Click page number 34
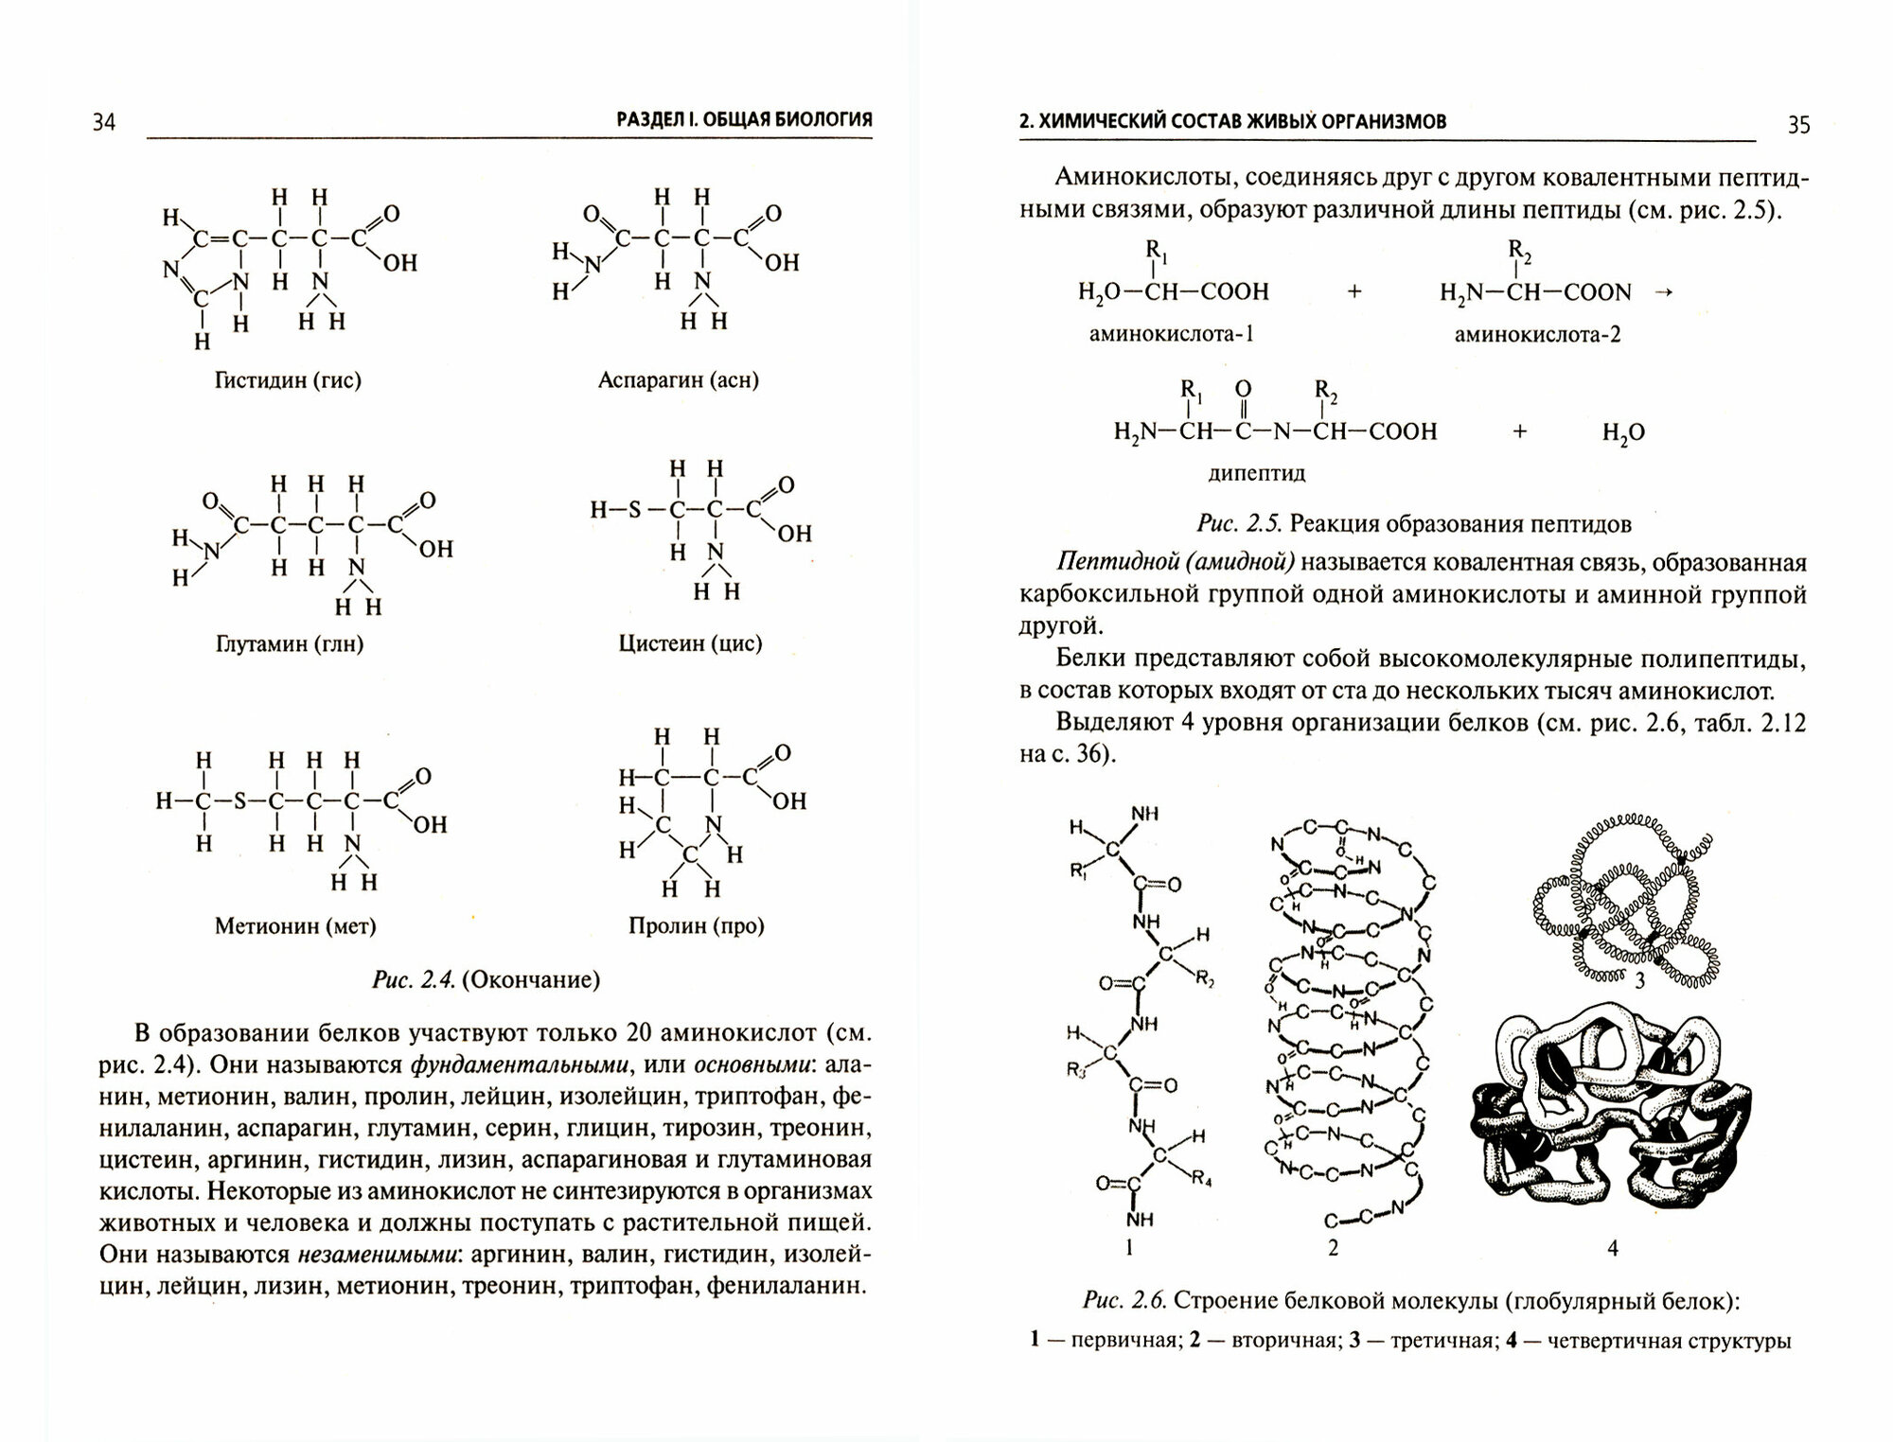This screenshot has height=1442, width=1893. click(104, 122)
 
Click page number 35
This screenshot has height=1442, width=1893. click(1797, 124)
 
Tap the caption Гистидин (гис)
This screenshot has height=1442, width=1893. click(288, 380)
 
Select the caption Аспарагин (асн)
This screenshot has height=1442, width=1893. click(679, 380)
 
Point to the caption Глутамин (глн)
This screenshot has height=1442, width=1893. click(290, 644)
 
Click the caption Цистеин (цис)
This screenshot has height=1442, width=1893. click(690, 644)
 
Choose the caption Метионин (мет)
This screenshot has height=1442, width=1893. click(295, 926)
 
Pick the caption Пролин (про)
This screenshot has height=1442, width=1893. click(696, 926)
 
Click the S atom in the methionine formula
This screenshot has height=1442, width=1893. click(239, 802)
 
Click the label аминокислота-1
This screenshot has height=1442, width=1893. click(1172, 334)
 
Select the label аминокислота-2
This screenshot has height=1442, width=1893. click(1537, 334)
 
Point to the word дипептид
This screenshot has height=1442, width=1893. click(1257, 473)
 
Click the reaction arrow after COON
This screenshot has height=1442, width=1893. click(1663, 292)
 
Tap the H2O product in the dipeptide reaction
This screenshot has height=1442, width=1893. click(1623, 433)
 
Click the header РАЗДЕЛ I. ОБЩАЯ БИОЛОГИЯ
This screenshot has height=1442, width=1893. click(744, 120)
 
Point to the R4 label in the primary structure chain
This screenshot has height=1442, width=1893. click(1201, 1180)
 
